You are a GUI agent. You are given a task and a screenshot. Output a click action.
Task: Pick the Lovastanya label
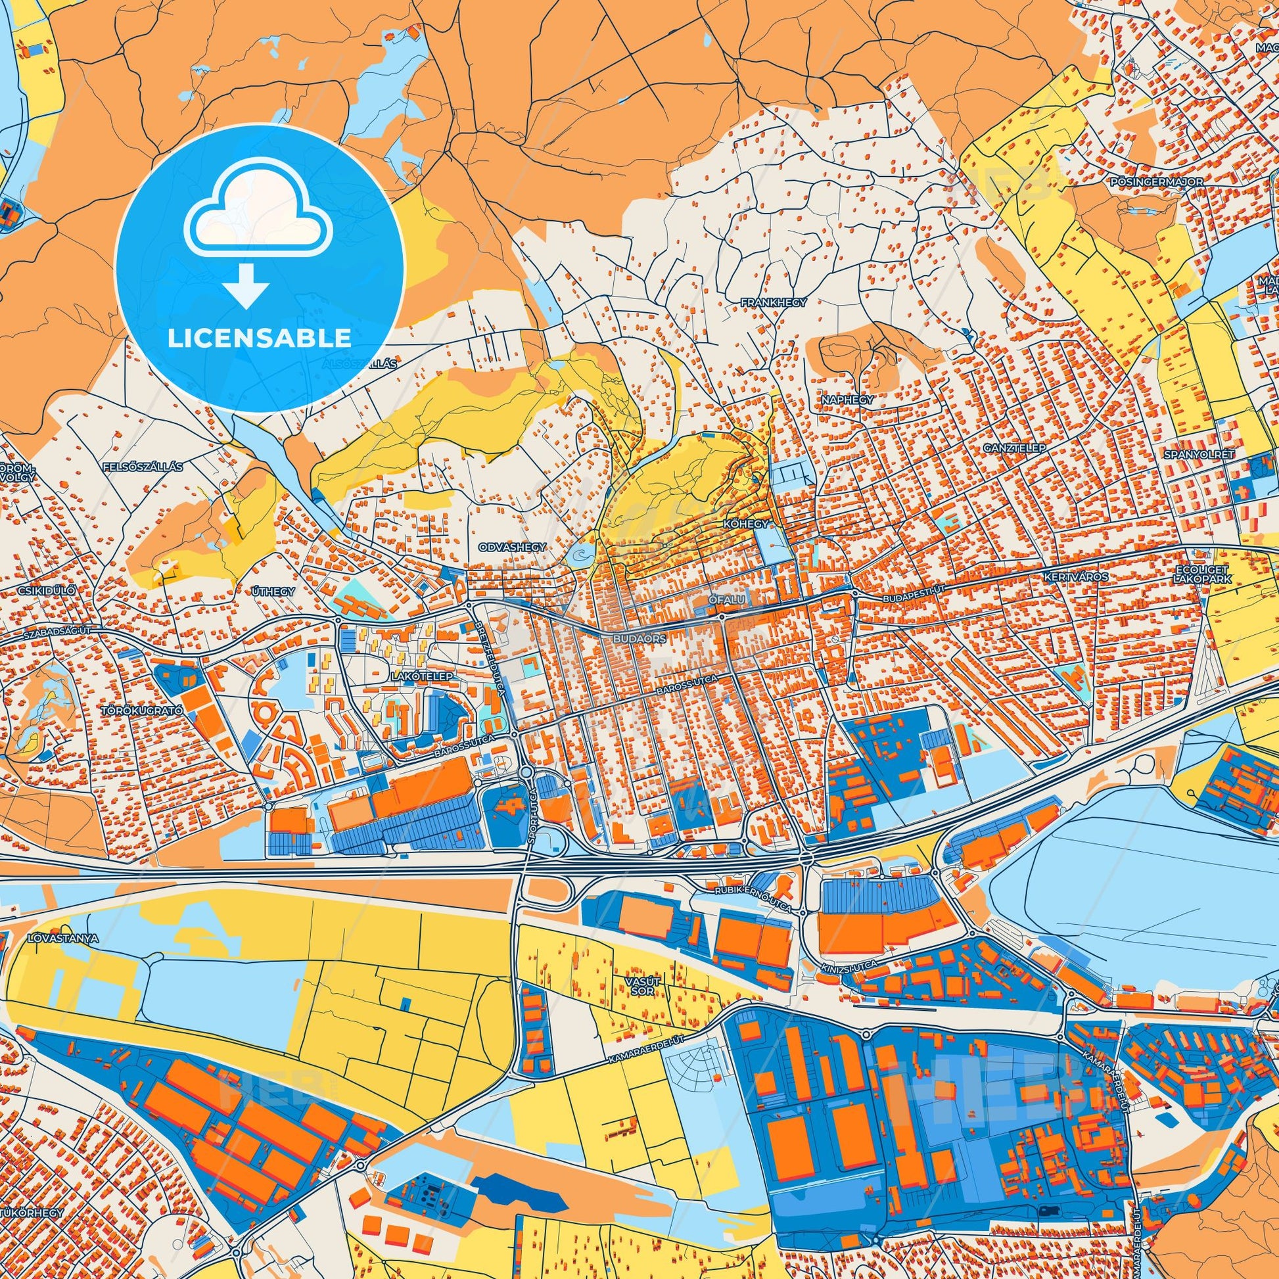[x=64, y=939]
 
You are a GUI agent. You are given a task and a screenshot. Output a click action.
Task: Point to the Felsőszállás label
[x=143, y=466]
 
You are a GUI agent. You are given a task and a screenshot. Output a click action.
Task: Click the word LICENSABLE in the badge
[x=260, y=338]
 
